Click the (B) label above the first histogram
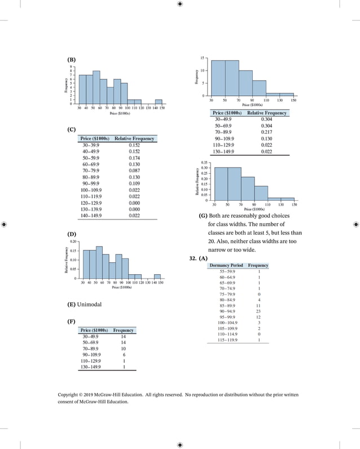(71, 60)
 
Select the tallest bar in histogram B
(96, 87)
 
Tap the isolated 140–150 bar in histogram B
(159, 102)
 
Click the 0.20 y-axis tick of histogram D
(73, 241)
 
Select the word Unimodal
(90, 305)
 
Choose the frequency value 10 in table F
(123, 349)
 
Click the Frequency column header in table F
(123, 330)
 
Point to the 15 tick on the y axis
(202, 58)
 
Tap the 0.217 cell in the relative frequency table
(266, 131)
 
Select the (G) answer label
(203, 216)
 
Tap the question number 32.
(193, 258)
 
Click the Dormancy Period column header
(226, 265)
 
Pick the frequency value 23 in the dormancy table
(258, 310)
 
